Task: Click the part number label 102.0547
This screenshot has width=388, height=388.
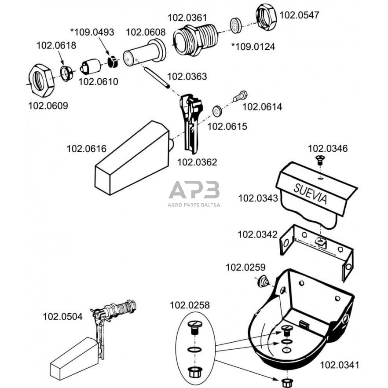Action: click(299, 15)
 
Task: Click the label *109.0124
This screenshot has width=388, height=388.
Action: click(253, 46)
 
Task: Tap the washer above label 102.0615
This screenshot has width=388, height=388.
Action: click(217, 110)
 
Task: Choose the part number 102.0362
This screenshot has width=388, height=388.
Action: click(197, 162)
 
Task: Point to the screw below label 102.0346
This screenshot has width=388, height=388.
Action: click(319, 160)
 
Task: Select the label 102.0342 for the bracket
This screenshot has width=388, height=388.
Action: click(258, 234)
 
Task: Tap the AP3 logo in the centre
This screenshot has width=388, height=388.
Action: click(194, 190)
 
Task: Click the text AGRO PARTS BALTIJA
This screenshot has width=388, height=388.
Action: click(194, 205)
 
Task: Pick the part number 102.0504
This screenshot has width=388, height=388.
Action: click(62, 316)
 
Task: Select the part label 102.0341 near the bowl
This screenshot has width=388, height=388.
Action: click(339, 365)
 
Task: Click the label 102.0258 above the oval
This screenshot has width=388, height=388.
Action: click(190, 305)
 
